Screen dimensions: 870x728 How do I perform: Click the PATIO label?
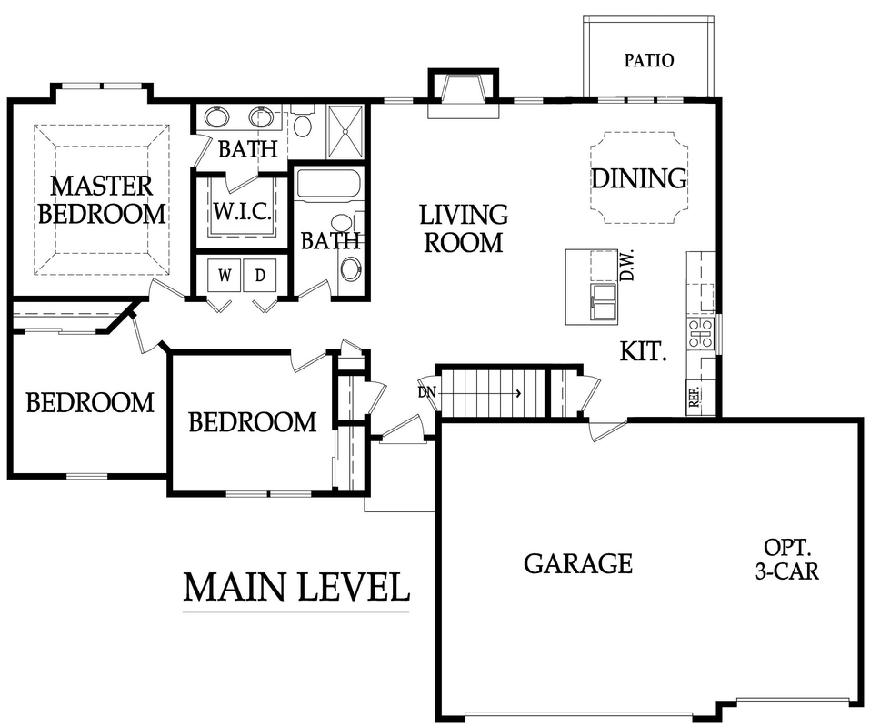(648, 60)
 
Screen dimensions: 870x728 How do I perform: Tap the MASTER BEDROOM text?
(102, 200)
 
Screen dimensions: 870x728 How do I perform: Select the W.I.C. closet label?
(243, 211)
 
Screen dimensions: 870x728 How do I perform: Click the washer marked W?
(225, 275)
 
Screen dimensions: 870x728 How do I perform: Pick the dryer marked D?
(260, 275)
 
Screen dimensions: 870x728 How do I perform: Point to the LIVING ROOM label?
(464, 228)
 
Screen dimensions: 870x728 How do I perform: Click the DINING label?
(638, 178)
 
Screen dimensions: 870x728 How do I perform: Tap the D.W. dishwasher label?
(627, 266)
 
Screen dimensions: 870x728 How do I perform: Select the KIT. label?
(643, 351)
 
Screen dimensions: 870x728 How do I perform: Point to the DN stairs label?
(427, 392)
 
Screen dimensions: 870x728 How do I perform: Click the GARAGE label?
(578, 563)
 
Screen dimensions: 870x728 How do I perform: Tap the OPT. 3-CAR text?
(787, 559)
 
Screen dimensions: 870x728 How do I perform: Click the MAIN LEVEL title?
(296, 588)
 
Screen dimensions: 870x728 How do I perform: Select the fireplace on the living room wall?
(464, 94)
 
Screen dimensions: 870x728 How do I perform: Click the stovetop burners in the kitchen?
(700, 334)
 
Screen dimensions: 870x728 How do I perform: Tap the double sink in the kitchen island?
(605, 303)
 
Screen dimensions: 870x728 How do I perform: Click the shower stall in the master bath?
(345, 132)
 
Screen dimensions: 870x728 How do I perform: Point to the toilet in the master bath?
(303, 122)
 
